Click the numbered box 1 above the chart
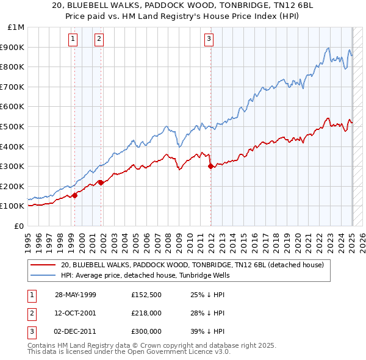coord(73,40)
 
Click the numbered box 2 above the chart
coord(99,40)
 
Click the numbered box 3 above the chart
coord(209,40)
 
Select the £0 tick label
coord(20,226)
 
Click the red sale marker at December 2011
coord(210,166)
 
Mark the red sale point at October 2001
coord(101,182)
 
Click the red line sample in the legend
coord(42,265)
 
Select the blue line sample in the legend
coord(42,275)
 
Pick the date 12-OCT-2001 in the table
coord(76,313)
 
